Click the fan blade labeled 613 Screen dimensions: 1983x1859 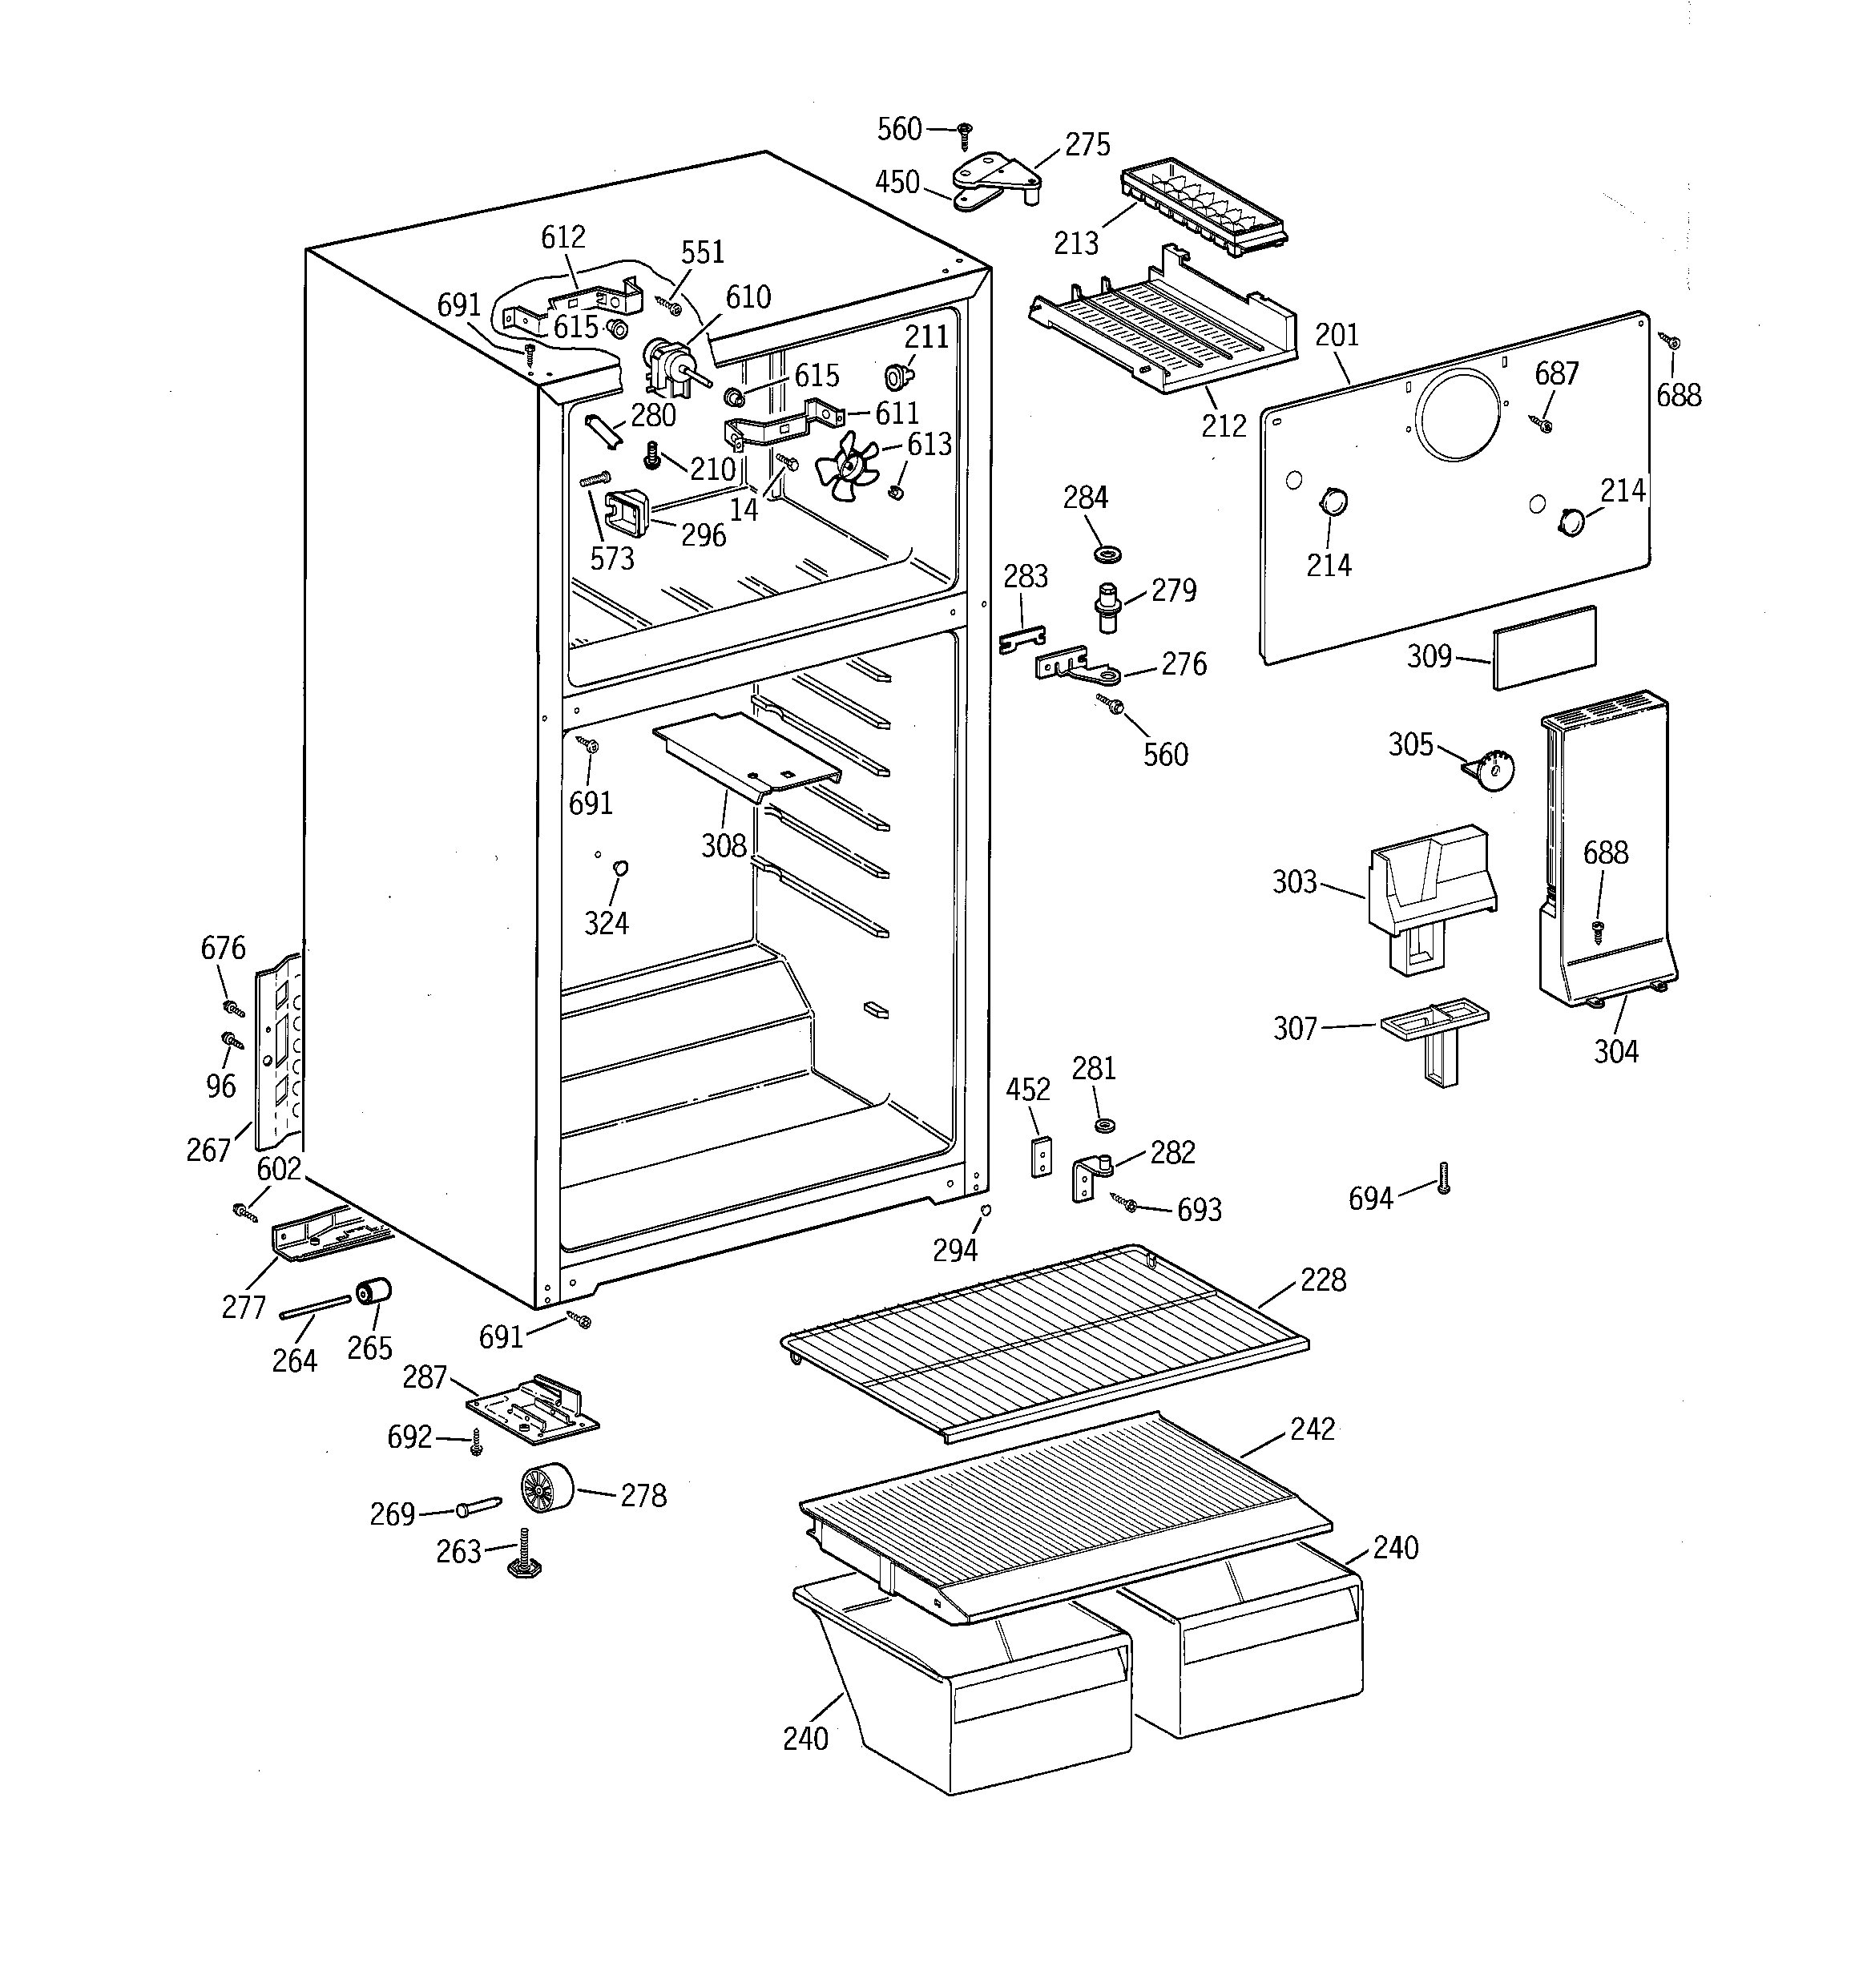tap(846, 465)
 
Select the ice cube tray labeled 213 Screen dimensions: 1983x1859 tap(1204, 211)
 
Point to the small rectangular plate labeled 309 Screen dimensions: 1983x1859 tap(1543, 647)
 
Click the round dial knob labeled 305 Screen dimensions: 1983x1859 tap(1492, 771)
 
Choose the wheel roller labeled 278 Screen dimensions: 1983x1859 tap(546, 1488)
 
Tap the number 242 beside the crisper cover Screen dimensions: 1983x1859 tap(1313, 1429)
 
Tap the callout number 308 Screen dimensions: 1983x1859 tap(724, 846)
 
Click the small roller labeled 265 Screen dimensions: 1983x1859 tap(374, 1292)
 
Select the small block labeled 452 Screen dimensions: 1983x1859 tap(1041, 1155)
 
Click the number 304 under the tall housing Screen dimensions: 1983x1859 tap(1615, 1050)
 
